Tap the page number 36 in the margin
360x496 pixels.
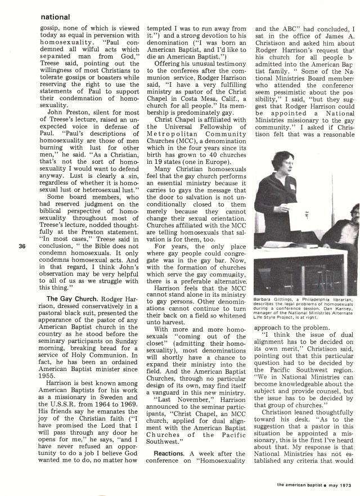click(x=21, y=244)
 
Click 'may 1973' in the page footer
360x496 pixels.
click(x=336, y=485)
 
